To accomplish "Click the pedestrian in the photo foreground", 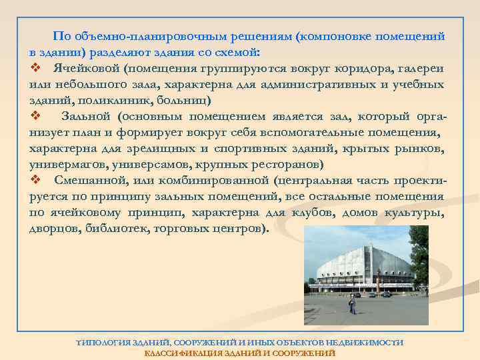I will click(351, 305).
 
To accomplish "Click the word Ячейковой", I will click(89, 69).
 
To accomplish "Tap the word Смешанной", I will click(93, 181).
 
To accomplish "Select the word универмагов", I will click(67, 165).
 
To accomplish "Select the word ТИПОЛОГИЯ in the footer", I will click(103, 342).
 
